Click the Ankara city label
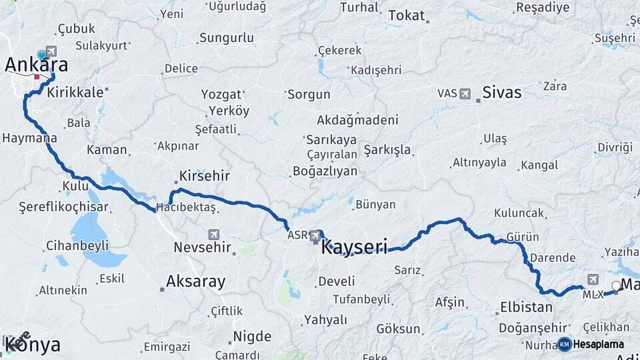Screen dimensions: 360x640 pos(37,65)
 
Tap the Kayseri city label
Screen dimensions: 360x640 pos(354,248)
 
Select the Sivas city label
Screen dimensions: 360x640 pos(501,92)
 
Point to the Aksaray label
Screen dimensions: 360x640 pos(196,281)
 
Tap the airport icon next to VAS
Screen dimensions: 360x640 pos(465,93)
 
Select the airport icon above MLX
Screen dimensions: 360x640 pos(593,279)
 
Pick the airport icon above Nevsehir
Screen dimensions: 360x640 pos(213,235)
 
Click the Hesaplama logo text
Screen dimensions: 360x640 pos(599,344)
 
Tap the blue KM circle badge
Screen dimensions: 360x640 pos(564,344)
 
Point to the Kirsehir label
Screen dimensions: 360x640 pos(204,177)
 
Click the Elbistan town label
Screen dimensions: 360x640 pos(526,307)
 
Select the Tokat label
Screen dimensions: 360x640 pos(406,15)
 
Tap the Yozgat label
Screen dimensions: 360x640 pos(221,94)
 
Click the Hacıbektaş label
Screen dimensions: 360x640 pos(186,208)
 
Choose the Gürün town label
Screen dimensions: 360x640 pos(522,237)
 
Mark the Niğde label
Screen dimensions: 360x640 pos(252,336)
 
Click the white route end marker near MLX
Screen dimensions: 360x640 pos(616,287)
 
